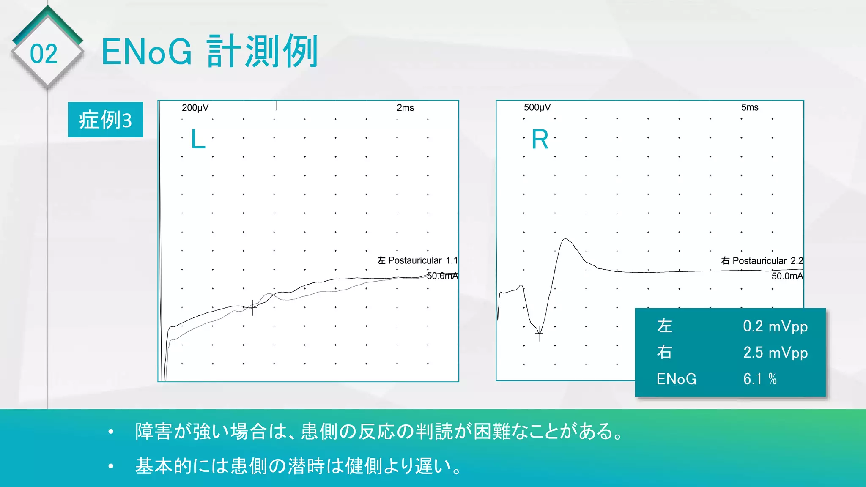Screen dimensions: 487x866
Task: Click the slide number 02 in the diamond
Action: [44, 54]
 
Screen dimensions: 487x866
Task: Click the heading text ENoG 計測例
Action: [210, 52]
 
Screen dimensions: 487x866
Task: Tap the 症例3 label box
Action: [105, 120]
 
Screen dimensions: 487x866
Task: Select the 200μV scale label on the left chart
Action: [195, 108]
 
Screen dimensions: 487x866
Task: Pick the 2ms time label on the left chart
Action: [405, 108]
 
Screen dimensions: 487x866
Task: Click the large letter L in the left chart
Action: [198, 139]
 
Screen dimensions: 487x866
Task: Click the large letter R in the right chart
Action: [540, 140]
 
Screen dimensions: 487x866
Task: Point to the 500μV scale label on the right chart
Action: [537, 107]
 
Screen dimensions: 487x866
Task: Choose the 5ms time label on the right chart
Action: [750, 107]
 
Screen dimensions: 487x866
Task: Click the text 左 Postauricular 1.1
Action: [417, 260]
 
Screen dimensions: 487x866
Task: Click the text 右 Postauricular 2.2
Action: [762, 261]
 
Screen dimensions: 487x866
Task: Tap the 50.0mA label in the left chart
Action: [442, 276]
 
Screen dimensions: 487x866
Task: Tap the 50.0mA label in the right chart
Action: [787, 276]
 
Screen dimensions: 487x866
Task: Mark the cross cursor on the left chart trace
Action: [253, 308]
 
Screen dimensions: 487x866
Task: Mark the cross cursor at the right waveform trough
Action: [539, 334]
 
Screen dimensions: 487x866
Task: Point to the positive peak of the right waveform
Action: [566, 239]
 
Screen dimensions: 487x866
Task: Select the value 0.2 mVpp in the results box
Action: [775, 326]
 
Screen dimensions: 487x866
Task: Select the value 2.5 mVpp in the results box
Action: [775, 353]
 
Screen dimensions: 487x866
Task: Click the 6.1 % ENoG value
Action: [760, 379]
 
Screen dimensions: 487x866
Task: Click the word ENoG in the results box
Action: [676, 379]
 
